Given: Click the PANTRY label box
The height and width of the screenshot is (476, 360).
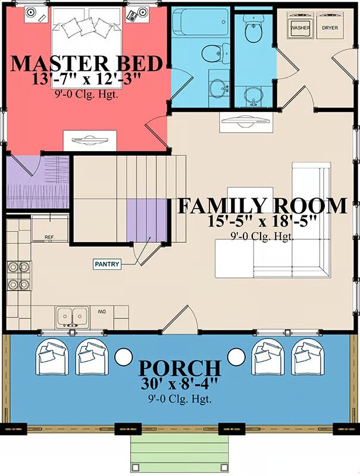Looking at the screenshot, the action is click(107, 264).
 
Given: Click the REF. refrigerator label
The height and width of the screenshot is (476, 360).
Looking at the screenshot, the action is click(49, 237).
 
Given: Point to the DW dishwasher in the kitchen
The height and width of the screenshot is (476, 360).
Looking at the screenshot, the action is click(101, 312).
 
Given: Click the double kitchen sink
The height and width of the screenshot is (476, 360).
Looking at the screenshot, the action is click(72, 317).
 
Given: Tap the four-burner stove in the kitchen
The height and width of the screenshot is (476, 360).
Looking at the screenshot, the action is click(18, 275).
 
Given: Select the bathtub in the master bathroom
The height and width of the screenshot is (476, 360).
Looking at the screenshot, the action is click(200, 22).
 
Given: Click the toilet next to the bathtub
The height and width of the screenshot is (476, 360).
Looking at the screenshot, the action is click(216, 53).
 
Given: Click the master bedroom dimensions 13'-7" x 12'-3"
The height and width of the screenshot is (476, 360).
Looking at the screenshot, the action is click(86, 80).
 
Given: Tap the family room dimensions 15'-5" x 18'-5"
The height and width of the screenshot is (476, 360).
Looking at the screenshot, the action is click(262, 221).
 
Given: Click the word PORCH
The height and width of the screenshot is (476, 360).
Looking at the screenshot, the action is click(180, 368).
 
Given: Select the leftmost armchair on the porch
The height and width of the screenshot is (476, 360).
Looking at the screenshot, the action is click(52, 356).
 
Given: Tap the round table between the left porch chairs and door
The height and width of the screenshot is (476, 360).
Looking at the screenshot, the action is click(123, 356).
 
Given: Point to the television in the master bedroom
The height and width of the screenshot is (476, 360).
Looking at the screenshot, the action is click(90, 140).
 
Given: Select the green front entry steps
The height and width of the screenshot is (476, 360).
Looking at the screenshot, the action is click(179, 450).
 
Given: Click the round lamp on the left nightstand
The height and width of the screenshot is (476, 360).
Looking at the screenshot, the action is click(31, 12).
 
